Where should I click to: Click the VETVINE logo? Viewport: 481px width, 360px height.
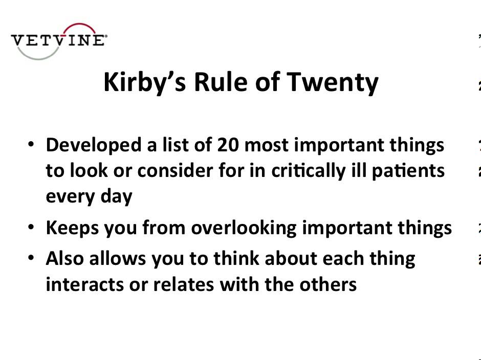pyautogui.click(x=59, y=40)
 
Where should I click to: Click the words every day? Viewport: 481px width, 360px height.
pyautogui.click(x=89, y=196)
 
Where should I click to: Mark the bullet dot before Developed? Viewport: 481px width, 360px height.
pyautogui.click(x=32, y=146)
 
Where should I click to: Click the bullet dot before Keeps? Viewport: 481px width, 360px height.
pyautogui.click(x=32, y=228)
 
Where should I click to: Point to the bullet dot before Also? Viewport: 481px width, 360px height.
pyautogui.click(x=32, y=259)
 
